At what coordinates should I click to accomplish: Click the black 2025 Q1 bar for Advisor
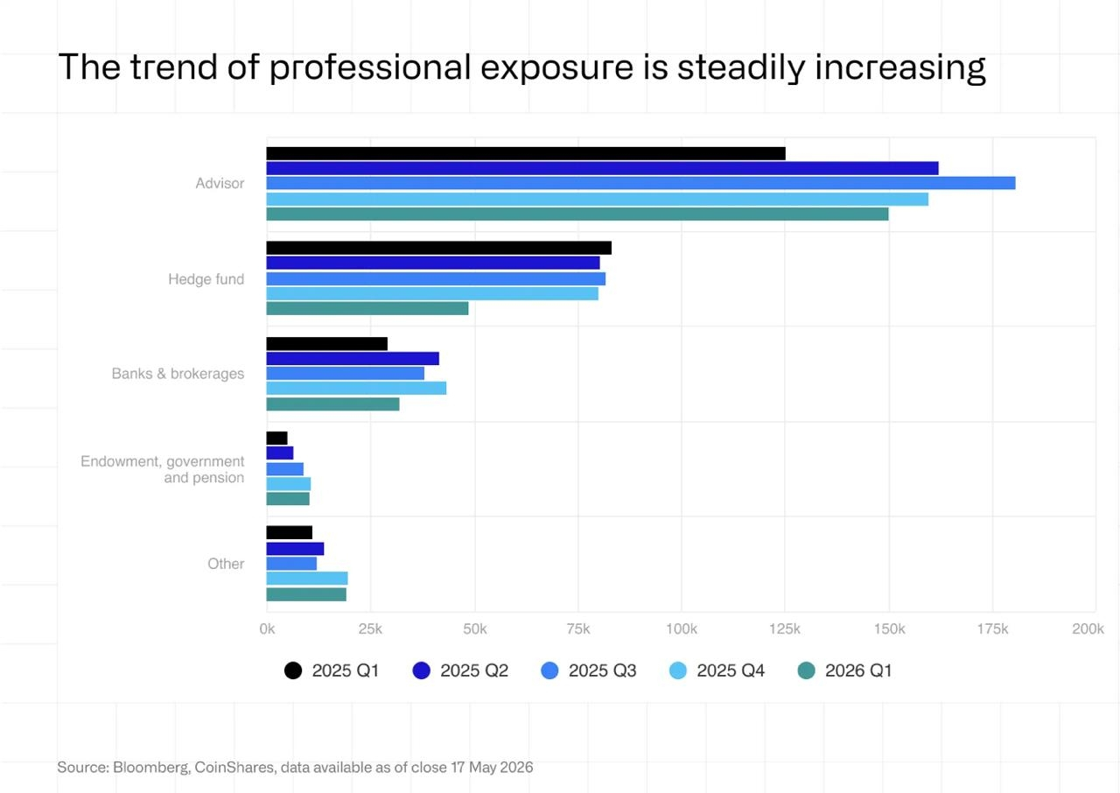click(x=526, y=153)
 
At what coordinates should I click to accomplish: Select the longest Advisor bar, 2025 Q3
click(x=641, y=183)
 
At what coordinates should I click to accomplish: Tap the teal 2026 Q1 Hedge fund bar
click(x=367, y=308)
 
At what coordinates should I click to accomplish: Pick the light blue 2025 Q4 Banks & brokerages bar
click(x=356, y=388)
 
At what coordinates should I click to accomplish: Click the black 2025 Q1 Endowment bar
click(x=277, y=438)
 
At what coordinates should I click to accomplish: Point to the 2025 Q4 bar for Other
click(x=307, y=579)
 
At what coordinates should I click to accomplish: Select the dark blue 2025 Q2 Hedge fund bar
click(x=433, y=263)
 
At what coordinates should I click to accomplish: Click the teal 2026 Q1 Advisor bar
click(x=577, y=214)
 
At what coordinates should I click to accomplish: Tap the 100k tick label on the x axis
click(x=682, y=628)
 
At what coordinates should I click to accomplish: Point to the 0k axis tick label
click(x=267, y=628)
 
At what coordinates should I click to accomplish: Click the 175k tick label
click(x=992, y=628)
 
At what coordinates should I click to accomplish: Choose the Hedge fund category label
click(x=206, y=279)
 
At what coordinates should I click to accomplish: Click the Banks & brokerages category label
click(x=178, y=374)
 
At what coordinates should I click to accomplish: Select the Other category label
click(x=226, y=564)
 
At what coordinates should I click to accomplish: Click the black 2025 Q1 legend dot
click(x=293, y=670)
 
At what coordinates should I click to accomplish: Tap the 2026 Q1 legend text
click(x=858, y=670)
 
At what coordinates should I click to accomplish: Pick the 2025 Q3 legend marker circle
click(x=550, y=670)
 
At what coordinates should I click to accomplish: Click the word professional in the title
click(x=370, y=67)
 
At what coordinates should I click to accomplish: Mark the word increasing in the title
click(x=900, y=68)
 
